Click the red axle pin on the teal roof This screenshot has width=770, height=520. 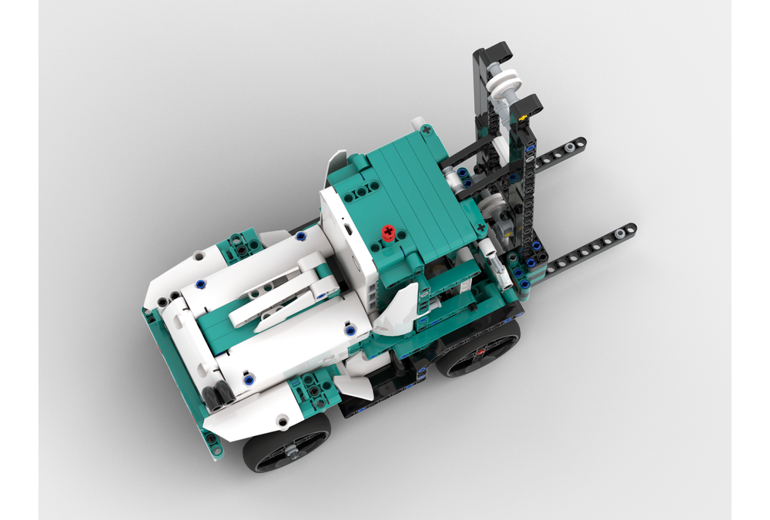pyautogui.click(x=390, y=231)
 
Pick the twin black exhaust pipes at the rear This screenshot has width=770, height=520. pyautogui.click(x=218, y=393)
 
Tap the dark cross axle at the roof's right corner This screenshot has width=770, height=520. pyautogui.click(x=482, y=228)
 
